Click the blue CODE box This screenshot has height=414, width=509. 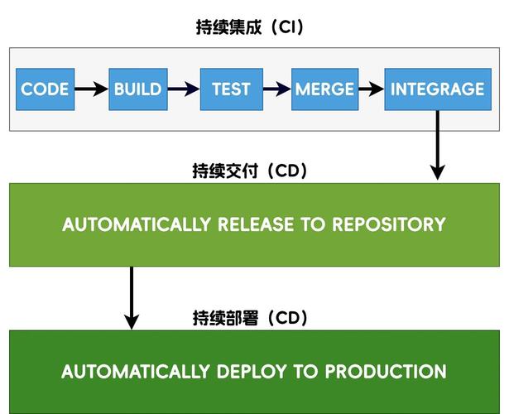pyautogui.click(x=45, y=89)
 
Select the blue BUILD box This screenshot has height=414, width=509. pyautogui.click(x=137, y=89)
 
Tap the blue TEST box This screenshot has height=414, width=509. pyautogui.click(x=231, y=89)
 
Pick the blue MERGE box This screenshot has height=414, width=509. pyautogui.click(x=324, y=89)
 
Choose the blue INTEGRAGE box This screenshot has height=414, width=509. pyautogui.click(x=437, y=89)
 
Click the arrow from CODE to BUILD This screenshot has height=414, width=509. pyautogui.click(x=91, y=89)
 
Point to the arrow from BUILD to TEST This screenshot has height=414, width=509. pyautogui.click(x=184, y=89)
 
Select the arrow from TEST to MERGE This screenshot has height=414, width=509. pyautogui.click(x=277, y=89)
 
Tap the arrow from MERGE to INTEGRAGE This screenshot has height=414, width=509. pyautogui.click(x=371, y=89)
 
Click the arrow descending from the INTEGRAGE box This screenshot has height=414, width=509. pyautogui.click(x=437, y=145)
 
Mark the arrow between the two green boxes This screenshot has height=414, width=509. pyautogui.click(x=131, y=296)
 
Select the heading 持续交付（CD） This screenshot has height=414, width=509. pyautogui.click(x=249, y=171)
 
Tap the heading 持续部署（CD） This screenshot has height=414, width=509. pyautogui.click(x=249, y=318)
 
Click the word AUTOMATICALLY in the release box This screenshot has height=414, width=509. pyautogui.click(x=137, y=224)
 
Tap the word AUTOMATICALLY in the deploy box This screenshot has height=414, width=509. pyautogui.click(x=136, y=372)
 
